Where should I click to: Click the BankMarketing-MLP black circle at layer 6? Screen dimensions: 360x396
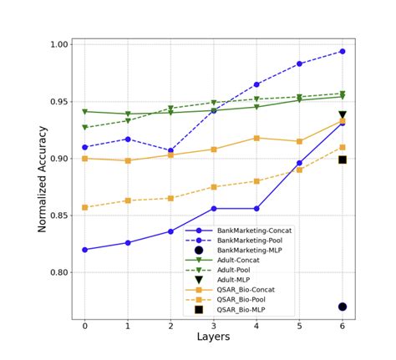click(343, 307)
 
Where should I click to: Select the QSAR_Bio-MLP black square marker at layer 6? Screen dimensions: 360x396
click(343, 159)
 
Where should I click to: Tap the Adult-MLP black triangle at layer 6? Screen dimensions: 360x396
click(343, 115)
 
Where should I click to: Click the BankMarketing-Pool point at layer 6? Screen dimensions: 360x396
click(343, 51)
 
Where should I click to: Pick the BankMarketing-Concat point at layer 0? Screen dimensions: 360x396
click(84, 250)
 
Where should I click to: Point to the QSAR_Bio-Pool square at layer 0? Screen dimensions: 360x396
click(84, 207)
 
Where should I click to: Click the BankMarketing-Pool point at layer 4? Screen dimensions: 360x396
click(256, 84)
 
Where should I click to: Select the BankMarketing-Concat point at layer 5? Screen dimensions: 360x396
click(299, 163)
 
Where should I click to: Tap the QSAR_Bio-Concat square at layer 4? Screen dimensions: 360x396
click(256, 138)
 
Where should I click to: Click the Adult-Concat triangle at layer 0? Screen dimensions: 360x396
click(84, 111)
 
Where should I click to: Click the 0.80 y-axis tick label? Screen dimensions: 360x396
click(57, 272)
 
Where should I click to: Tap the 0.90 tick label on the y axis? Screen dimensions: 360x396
click(57, 159)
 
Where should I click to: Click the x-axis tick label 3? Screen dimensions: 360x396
click(213, 326)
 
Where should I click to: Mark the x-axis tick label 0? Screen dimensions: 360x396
click(84, 326)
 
